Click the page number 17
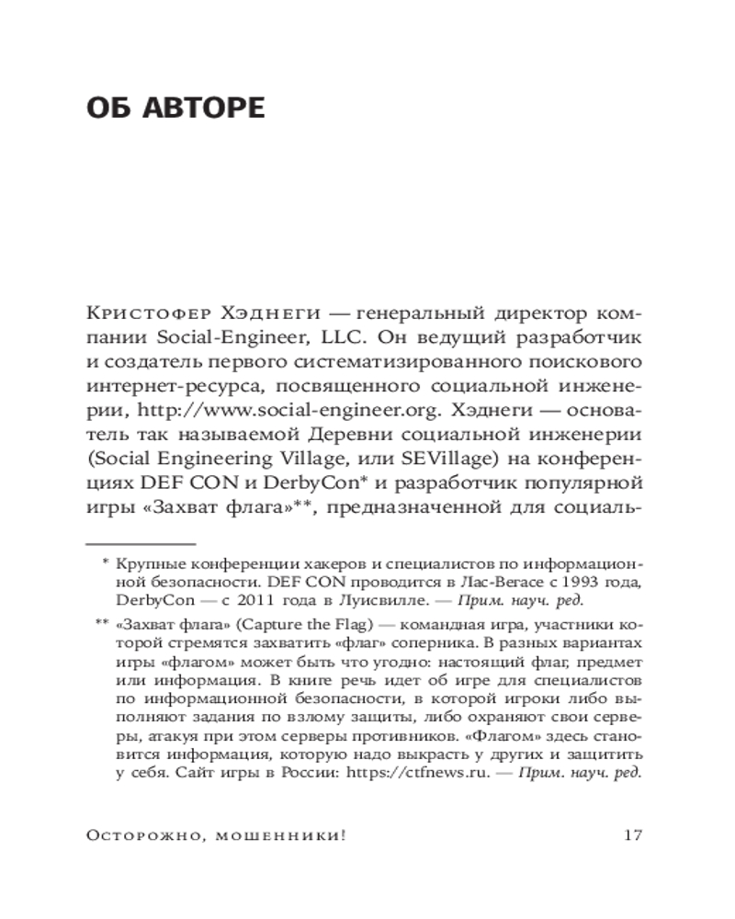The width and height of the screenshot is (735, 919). coord(630,835)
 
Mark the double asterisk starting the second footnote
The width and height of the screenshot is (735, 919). coord(101,626)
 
